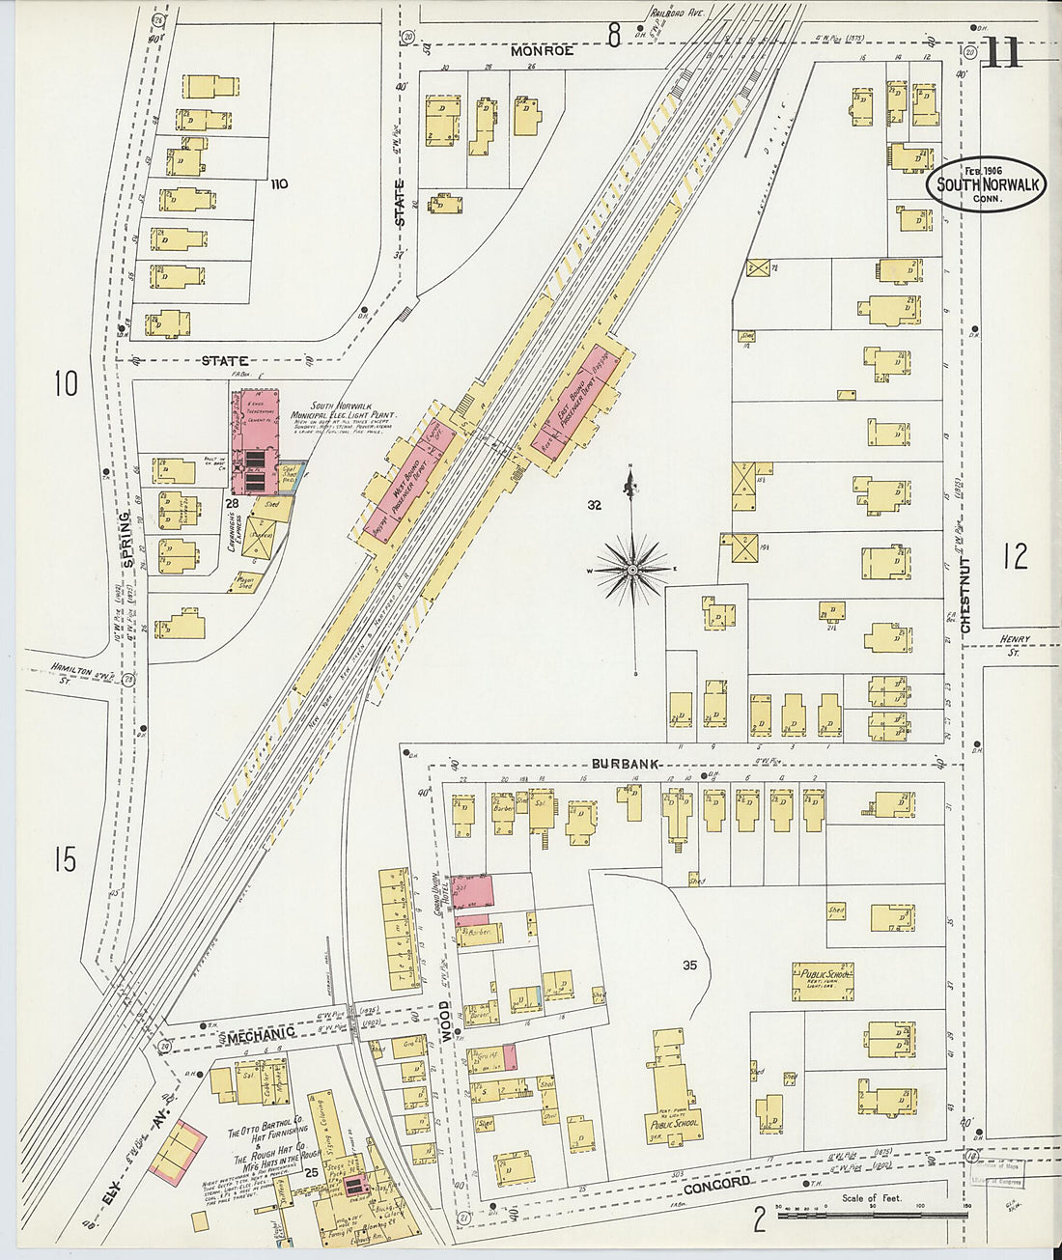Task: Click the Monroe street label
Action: (543, 50)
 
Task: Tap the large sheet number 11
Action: (1001, 56)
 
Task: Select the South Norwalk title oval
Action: (986, 184)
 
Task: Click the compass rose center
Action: (632, 570)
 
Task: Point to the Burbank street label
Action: (626, 764)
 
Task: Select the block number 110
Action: (279, 184)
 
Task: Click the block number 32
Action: (594, 505)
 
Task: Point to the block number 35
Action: (689, 965)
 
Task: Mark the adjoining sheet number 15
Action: (65, 858)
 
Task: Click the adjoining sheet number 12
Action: (1015, 556)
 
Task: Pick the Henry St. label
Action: (1015, 645)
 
